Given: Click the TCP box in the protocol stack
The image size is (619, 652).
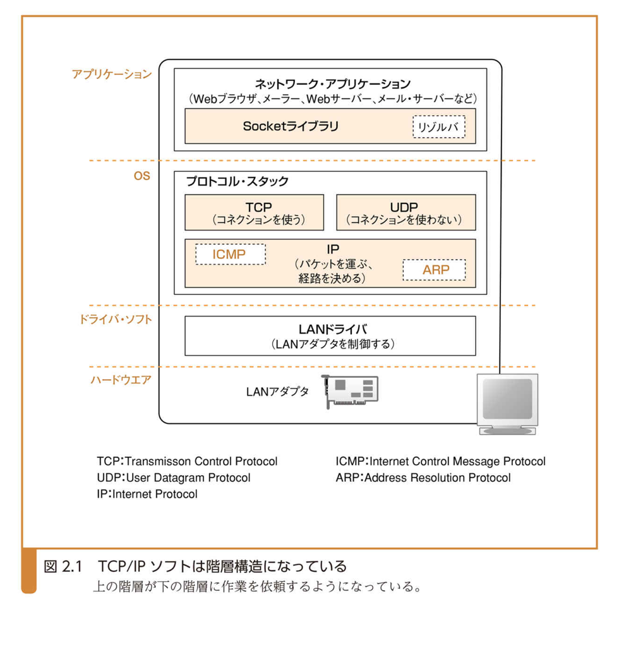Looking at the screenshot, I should tap(254, 212).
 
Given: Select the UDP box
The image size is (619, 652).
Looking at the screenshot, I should tap(406, 212).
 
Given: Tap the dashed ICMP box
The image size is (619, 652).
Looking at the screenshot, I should tap(230, 254).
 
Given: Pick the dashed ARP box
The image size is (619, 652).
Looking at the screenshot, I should tap(434, 270).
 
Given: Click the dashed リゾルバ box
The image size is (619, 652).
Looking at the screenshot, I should tap(438, 127).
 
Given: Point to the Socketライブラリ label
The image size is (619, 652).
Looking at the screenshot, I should tap(290, 126).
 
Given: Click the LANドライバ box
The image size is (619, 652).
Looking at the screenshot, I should tap(330, 336).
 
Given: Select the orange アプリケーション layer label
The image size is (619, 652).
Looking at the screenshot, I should tap(112, 74).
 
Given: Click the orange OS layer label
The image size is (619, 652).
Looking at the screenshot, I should tap(141, 176).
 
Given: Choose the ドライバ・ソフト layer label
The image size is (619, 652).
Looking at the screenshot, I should tap(115, 320).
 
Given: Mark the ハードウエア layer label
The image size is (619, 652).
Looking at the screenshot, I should tap(120, 381).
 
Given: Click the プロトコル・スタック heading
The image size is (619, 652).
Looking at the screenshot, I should tap(237, 182).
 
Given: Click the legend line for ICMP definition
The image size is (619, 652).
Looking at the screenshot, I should tap(440, 462).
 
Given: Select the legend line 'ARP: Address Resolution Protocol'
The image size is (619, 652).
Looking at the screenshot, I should tap(423, 478).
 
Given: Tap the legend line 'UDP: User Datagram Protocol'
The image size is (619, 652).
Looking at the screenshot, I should tap(174, 478).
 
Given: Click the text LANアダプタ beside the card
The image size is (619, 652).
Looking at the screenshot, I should tap(277, 392).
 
